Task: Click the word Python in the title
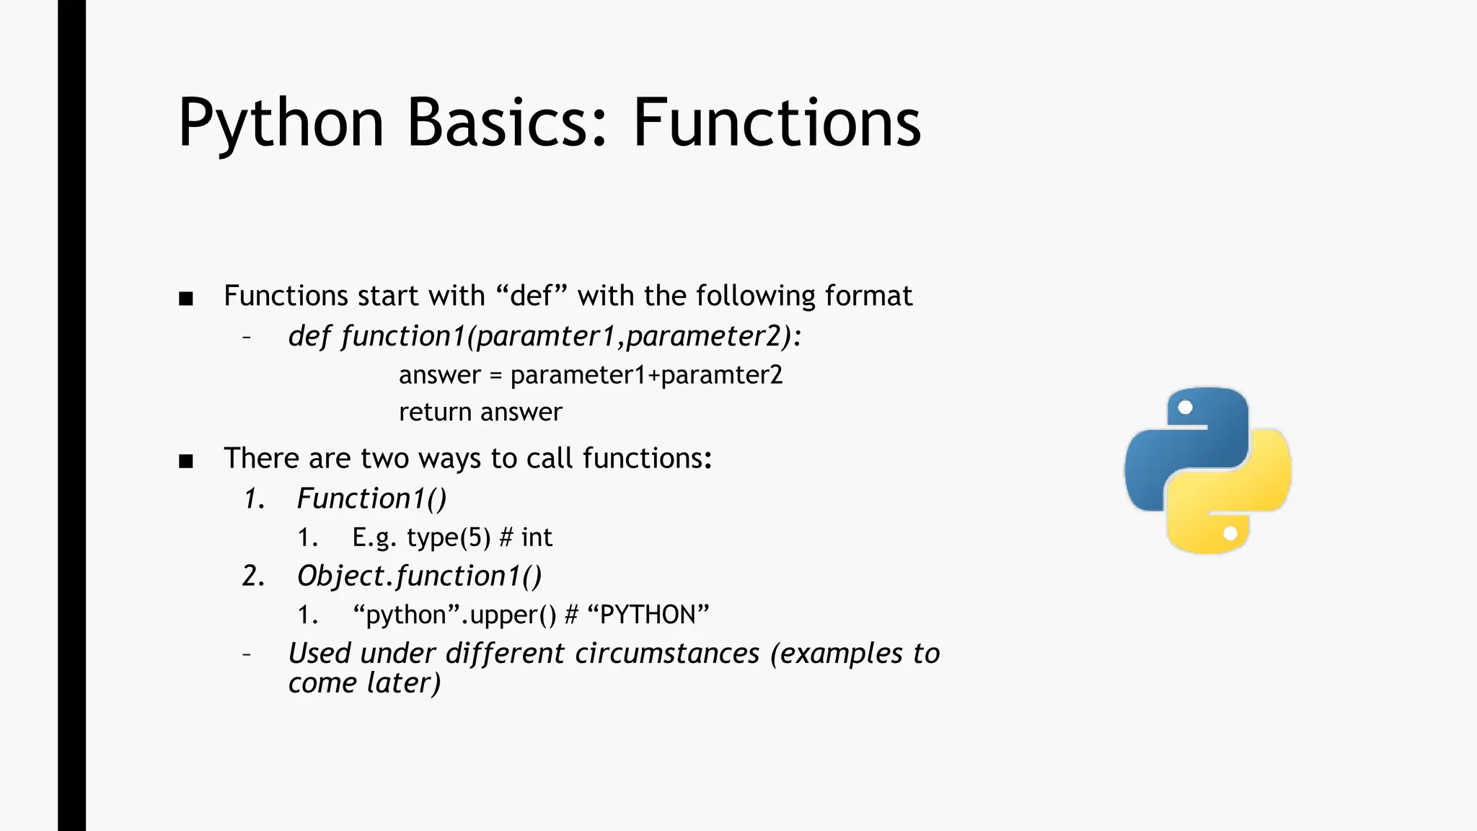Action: pos(281,124)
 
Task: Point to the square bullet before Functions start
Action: pos(186,299)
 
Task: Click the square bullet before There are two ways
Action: pos(186,461)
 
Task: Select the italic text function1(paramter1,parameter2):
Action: pos(570,336)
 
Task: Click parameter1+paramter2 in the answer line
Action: pos(646,375)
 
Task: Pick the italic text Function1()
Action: pos(371,498)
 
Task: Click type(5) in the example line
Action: pos(448,537)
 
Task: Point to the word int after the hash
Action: pos(537,537)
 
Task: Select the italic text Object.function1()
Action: pos(419,576)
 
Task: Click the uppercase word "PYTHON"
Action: pos(648,615)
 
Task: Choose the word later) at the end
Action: pos(403,683)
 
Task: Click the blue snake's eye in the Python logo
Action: pos(1185,408)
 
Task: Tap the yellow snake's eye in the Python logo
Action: pos(1230,533)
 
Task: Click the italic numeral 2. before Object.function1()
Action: pos(253,576)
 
